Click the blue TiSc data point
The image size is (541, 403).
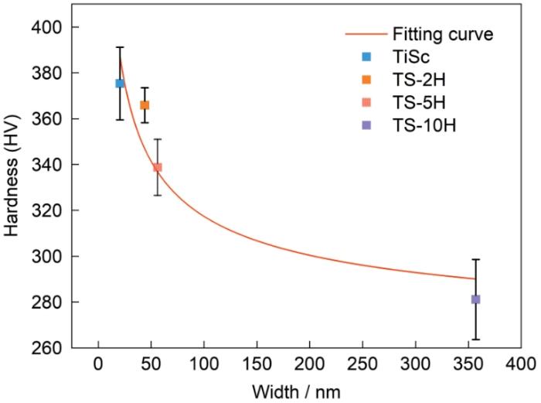point(120,84)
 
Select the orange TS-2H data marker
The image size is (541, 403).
point(145,105)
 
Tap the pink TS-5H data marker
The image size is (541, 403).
point(158,167)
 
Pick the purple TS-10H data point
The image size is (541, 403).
point(475,299)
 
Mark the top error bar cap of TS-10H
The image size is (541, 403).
point(475,259)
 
